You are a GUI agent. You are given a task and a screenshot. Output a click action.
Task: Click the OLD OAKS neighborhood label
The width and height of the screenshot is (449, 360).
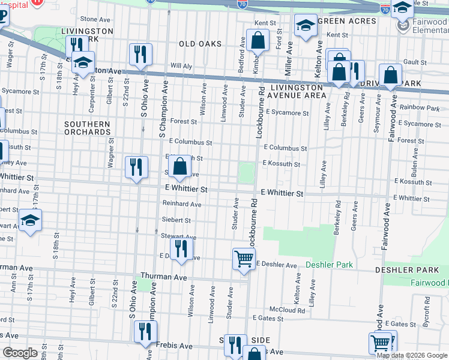coord(200,44)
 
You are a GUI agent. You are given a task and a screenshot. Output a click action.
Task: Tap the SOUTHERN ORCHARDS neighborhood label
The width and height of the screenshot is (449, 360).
coord(88,128)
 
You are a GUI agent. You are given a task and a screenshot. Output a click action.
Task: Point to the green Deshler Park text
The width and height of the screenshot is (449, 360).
coord(329,265)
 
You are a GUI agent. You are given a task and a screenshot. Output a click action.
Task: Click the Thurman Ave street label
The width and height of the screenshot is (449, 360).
coord(163,277)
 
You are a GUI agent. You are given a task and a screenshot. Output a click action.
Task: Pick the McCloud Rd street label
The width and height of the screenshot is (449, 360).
coord(287,311)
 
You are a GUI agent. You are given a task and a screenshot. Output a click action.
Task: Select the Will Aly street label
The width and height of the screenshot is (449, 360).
coord(180,65)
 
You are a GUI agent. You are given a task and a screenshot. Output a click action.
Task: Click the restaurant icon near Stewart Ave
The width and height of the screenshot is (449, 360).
coord(181,248)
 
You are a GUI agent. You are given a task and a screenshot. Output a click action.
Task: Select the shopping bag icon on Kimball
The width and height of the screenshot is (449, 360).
coord(258,41)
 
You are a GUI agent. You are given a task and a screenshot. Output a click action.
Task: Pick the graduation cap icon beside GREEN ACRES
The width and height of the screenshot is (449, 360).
coord(306,25)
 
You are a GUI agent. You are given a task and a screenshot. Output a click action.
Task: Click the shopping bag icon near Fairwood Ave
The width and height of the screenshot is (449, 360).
coord(391,76)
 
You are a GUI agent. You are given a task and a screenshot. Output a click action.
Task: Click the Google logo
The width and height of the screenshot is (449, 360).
coord(20,353)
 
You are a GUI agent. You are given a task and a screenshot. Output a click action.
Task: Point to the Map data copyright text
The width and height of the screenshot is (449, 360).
coord(412,355)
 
